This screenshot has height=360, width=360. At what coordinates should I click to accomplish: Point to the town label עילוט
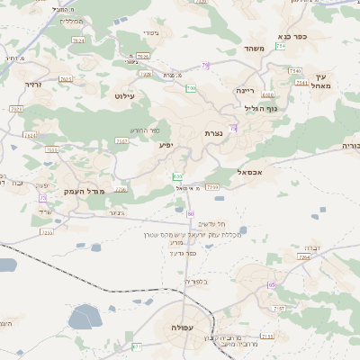click(124, 94)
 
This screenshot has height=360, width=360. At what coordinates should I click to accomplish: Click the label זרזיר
click(33, 84)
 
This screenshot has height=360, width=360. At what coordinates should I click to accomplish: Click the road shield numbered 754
click(281, 45)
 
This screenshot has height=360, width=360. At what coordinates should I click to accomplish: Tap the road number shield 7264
click(304, 257)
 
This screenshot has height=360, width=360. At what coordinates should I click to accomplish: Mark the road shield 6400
click(267, 94)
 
